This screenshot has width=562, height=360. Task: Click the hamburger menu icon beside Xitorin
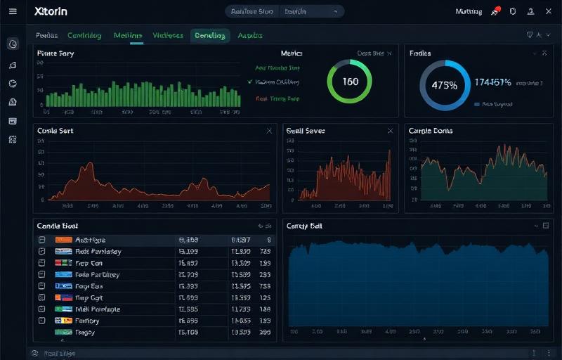point(13,11)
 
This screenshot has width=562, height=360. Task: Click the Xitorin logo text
point(51,12)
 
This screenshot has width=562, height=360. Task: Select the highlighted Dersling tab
point(210,36)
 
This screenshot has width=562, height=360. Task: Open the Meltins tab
point(128,36)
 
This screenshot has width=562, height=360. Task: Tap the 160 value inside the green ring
point(350,82)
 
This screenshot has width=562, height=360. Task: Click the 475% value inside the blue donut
point(444,86)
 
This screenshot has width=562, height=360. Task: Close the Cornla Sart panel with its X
point(269,131)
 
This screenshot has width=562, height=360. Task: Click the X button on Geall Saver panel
point(391,131)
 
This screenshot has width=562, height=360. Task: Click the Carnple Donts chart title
point(431,131)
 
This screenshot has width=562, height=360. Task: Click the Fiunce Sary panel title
point(55,53)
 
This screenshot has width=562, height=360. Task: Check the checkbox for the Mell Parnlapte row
point(41,309)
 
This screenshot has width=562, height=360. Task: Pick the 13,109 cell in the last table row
point(188,332)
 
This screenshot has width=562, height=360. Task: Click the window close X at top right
point(548,11)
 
